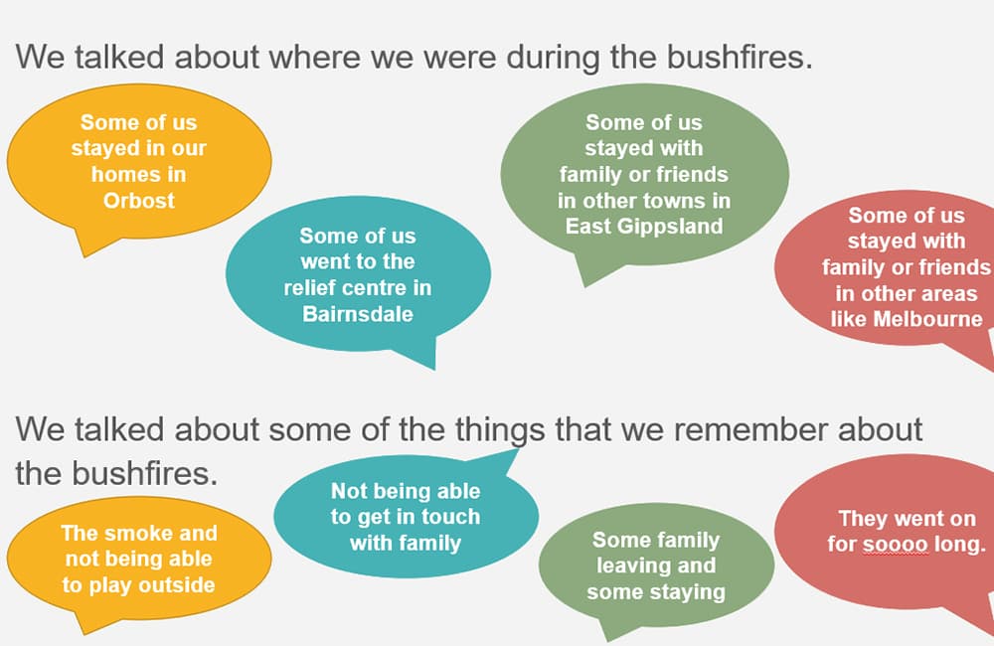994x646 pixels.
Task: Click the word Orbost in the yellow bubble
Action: click(139, 201)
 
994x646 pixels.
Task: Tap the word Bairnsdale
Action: click(358, 314)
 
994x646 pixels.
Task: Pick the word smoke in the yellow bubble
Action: click(151, 533)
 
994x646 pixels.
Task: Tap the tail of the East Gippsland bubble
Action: click(583, 285)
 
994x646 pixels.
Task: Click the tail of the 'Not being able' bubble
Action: click(518, 451)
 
